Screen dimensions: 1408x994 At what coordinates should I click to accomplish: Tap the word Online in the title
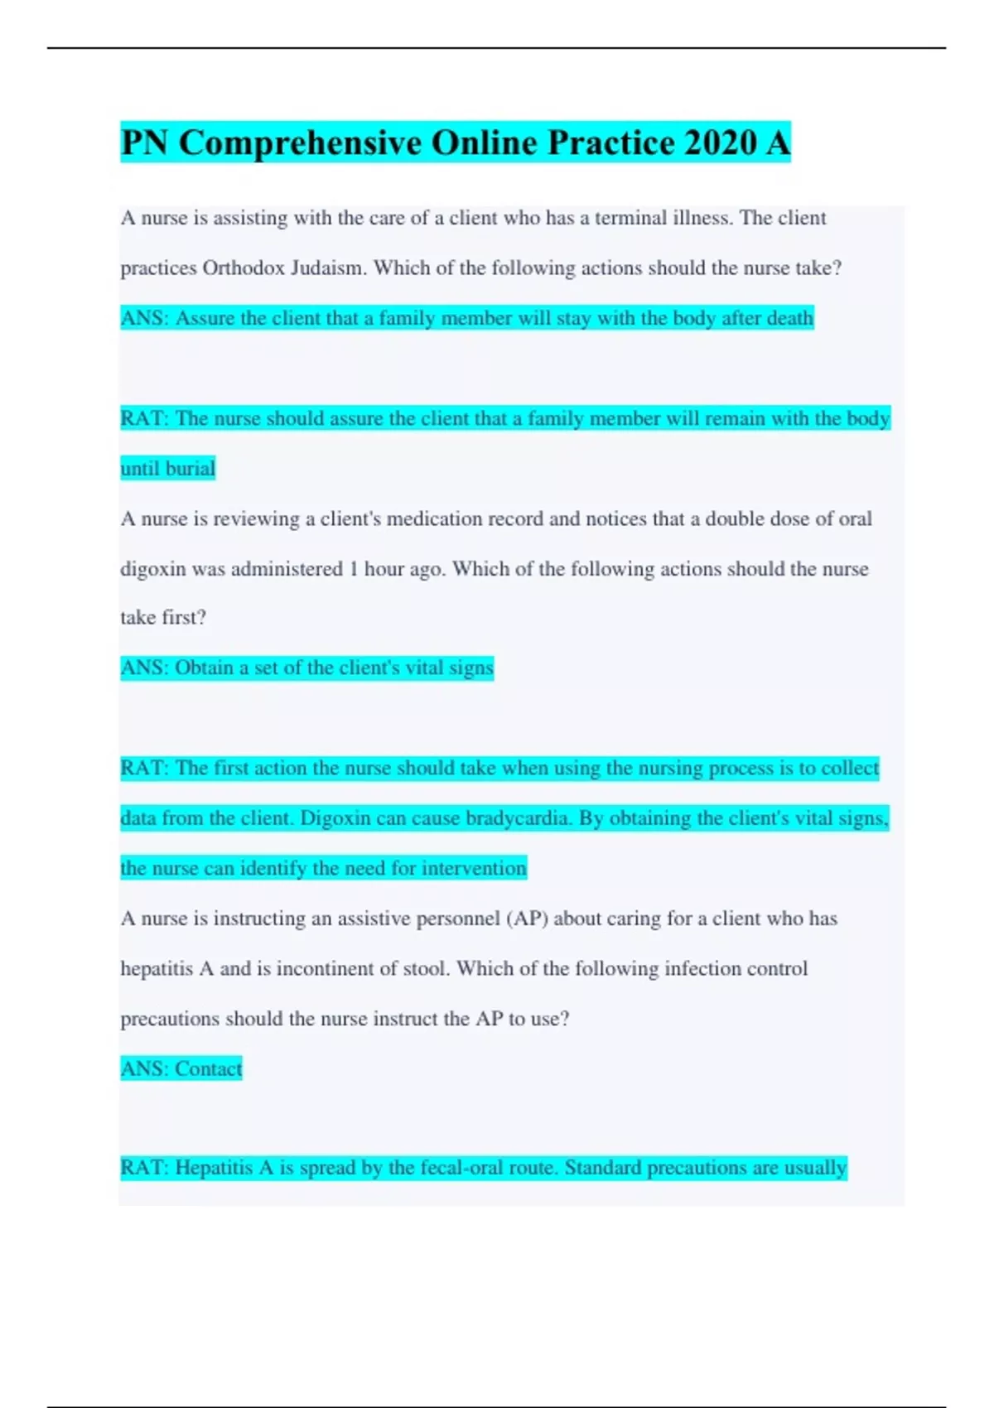(485, 142)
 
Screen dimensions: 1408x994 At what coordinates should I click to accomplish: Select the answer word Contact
(209, 1069)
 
